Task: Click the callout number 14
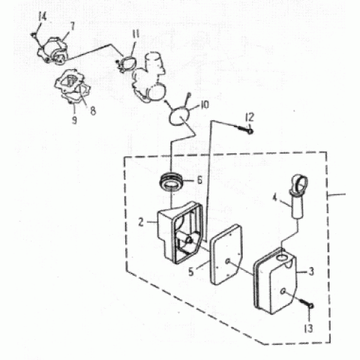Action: [x=42, y=17]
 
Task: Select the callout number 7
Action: [x=72, y=27]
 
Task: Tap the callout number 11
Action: [x=135, y=34]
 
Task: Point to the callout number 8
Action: [x=93, y=111]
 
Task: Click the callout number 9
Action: [x=75, y=120]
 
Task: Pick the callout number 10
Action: [x=204, y=105]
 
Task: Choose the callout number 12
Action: [x=250, y=117]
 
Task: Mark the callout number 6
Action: [x=199, y=180]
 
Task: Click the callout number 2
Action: [x=141, y=222]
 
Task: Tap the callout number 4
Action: [x=275, y=198]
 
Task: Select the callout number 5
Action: [x=191, y=272]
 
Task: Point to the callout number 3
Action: [x=311, y=271]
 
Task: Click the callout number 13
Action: [x=309, y=328]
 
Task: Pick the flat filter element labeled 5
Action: [x=226, y=254]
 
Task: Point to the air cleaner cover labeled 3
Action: [x=276, y=282]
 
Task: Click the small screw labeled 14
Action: [x=34, y=35]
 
